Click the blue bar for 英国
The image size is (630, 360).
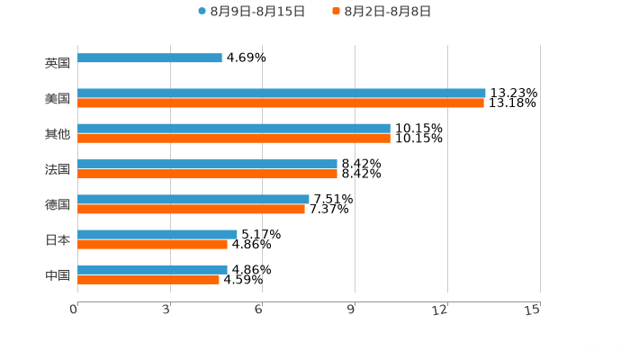(x=149, y=58)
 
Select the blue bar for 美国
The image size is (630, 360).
(x=282, y=94)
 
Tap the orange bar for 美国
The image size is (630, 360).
(x=281, y=103)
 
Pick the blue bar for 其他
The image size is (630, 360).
(x=234, y=129)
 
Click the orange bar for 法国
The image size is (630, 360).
(x=207, y=175)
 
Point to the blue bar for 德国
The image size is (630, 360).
(x=193, y=200)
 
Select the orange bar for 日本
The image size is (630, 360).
(x=152, y=245)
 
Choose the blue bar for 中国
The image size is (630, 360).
(x=152, y=269)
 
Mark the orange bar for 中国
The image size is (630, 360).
(x=148, y=280)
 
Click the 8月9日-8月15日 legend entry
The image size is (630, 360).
(x=251, y=12)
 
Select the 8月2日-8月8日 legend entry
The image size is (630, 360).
(x=382, y=12)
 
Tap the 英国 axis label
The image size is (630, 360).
(x=57, y=64)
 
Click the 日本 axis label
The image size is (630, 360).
(x=57, y=240)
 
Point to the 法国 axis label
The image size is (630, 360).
(x=57, y=169)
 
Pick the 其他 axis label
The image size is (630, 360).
(x=57, y=134)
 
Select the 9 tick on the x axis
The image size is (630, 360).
(x=352, y=310)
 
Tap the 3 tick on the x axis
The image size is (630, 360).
(x=167, y=310)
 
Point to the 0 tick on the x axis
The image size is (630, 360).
(x=75, y=310)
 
